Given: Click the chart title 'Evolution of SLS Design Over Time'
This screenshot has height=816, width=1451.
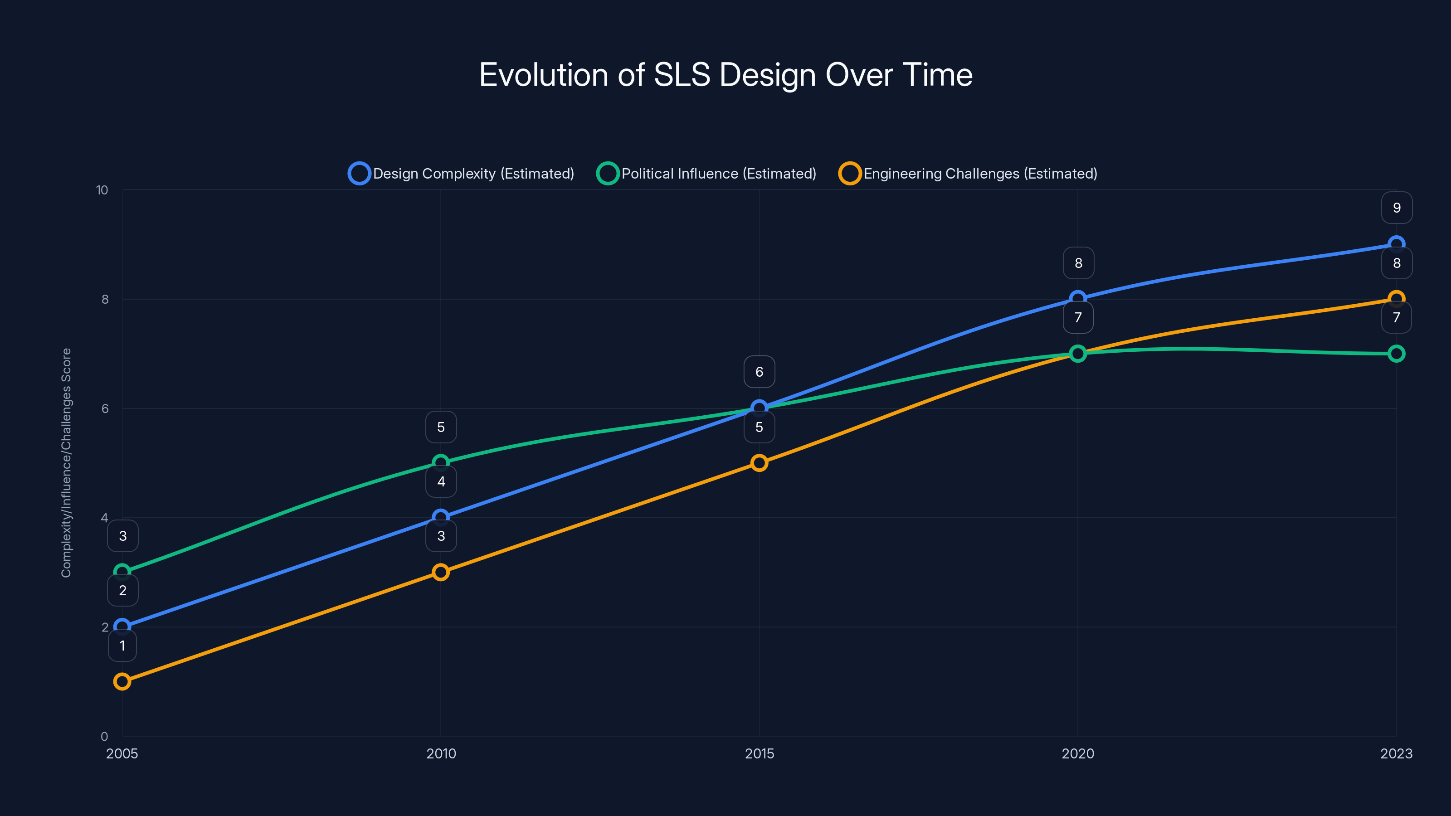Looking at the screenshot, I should point(725,75).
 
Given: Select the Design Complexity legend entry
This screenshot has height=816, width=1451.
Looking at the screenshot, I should point(462,174).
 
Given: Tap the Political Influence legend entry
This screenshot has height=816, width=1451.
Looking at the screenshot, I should point(707,174).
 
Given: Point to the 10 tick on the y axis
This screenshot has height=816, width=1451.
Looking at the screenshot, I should point(102,190).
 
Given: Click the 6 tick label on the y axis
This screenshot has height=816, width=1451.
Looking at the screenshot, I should point(105,409).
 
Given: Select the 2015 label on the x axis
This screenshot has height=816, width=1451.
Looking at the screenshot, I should point(760,753).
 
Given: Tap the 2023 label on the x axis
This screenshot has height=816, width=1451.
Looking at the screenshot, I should point(1396,753).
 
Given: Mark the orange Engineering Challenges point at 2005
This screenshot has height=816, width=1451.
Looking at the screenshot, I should point(122,681).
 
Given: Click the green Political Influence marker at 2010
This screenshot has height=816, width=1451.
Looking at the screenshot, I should point(441,463).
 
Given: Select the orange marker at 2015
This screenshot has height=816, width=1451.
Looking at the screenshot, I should point(760,463).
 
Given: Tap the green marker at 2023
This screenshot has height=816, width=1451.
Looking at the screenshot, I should point(1396,354).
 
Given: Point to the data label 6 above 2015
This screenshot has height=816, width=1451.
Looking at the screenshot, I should point(760,372).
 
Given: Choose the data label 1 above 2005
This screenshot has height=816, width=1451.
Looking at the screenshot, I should point(122,646).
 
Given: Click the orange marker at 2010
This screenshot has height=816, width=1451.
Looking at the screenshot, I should point(441,572).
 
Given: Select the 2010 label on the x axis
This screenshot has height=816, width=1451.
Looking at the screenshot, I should point(441,753).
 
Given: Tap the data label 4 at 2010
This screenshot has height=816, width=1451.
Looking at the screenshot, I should point(441,481).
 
